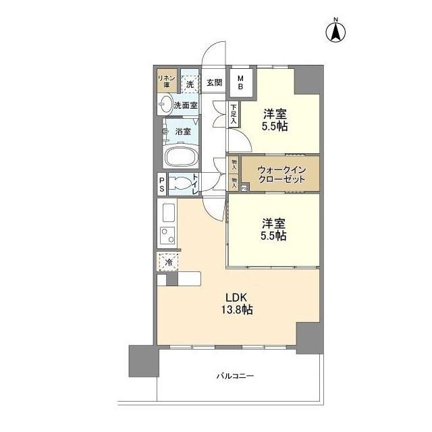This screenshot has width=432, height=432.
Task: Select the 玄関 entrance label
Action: point(214,83)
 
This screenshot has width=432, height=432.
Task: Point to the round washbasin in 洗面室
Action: point(165,104)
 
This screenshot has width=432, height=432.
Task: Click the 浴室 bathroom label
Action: point(182,131)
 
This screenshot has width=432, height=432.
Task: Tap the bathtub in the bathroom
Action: point(180,158)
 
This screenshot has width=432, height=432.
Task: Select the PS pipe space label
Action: point(162,185)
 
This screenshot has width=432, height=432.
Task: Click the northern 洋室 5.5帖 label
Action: point(275,120)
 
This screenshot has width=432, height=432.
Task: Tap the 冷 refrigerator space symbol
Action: point(167,261)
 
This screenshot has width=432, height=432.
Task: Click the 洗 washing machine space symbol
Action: point(190,84)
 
